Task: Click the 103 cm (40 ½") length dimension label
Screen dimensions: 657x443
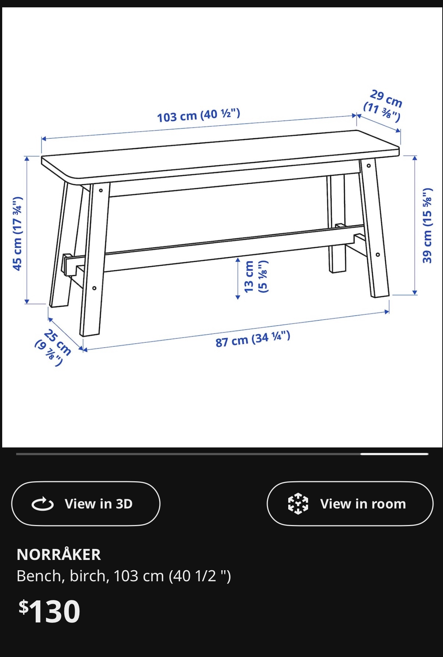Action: (x=199, y=115)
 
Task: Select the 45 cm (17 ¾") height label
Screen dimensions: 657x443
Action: (x=17, y=234)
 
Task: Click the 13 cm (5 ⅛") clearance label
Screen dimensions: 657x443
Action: (x=256, y=276)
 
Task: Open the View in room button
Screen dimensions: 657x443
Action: (x=350, y=503)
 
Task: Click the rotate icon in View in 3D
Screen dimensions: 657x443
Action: (x=43, y=504)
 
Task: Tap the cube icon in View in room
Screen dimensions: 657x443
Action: (x=298, y=504)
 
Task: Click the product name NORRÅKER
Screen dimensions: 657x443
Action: (x=59, y=554)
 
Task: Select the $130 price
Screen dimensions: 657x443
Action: (x=50, y=611)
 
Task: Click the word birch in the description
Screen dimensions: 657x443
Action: (x=89, y=576)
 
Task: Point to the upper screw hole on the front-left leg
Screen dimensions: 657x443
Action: (x=101, y=190)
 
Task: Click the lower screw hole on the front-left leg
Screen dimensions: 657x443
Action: (x=94, y=288)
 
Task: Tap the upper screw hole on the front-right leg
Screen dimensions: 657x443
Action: (x=369, y=166)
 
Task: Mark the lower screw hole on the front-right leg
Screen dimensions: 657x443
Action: (x=378, y=254)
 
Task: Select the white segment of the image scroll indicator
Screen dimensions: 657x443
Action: (x=394, y=454)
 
